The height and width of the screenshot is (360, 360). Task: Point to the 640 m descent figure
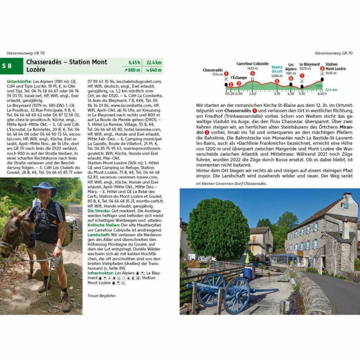(x=154, y=70)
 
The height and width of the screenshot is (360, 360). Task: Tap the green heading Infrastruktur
(x=101, y=273)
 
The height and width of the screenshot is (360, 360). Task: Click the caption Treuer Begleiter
(x=102, y=296)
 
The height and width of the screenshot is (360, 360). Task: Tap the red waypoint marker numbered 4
(x=252, y=73)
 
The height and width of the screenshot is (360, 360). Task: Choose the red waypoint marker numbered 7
(x=302, y=76)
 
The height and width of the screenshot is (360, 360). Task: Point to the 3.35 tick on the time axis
(x=277, y=94)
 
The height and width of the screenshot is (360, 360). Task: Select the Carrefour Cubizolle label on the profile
(x=252, y=64)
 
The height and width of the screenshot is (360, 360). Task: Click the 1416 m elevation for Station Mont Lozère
(x=331, y=73)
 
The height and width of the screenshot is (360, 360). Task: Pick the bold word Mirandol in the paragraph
(x=345, y=127)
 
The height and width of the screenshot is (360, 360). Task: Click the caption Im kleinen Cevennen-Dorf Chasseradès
(x=231, y=184)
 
